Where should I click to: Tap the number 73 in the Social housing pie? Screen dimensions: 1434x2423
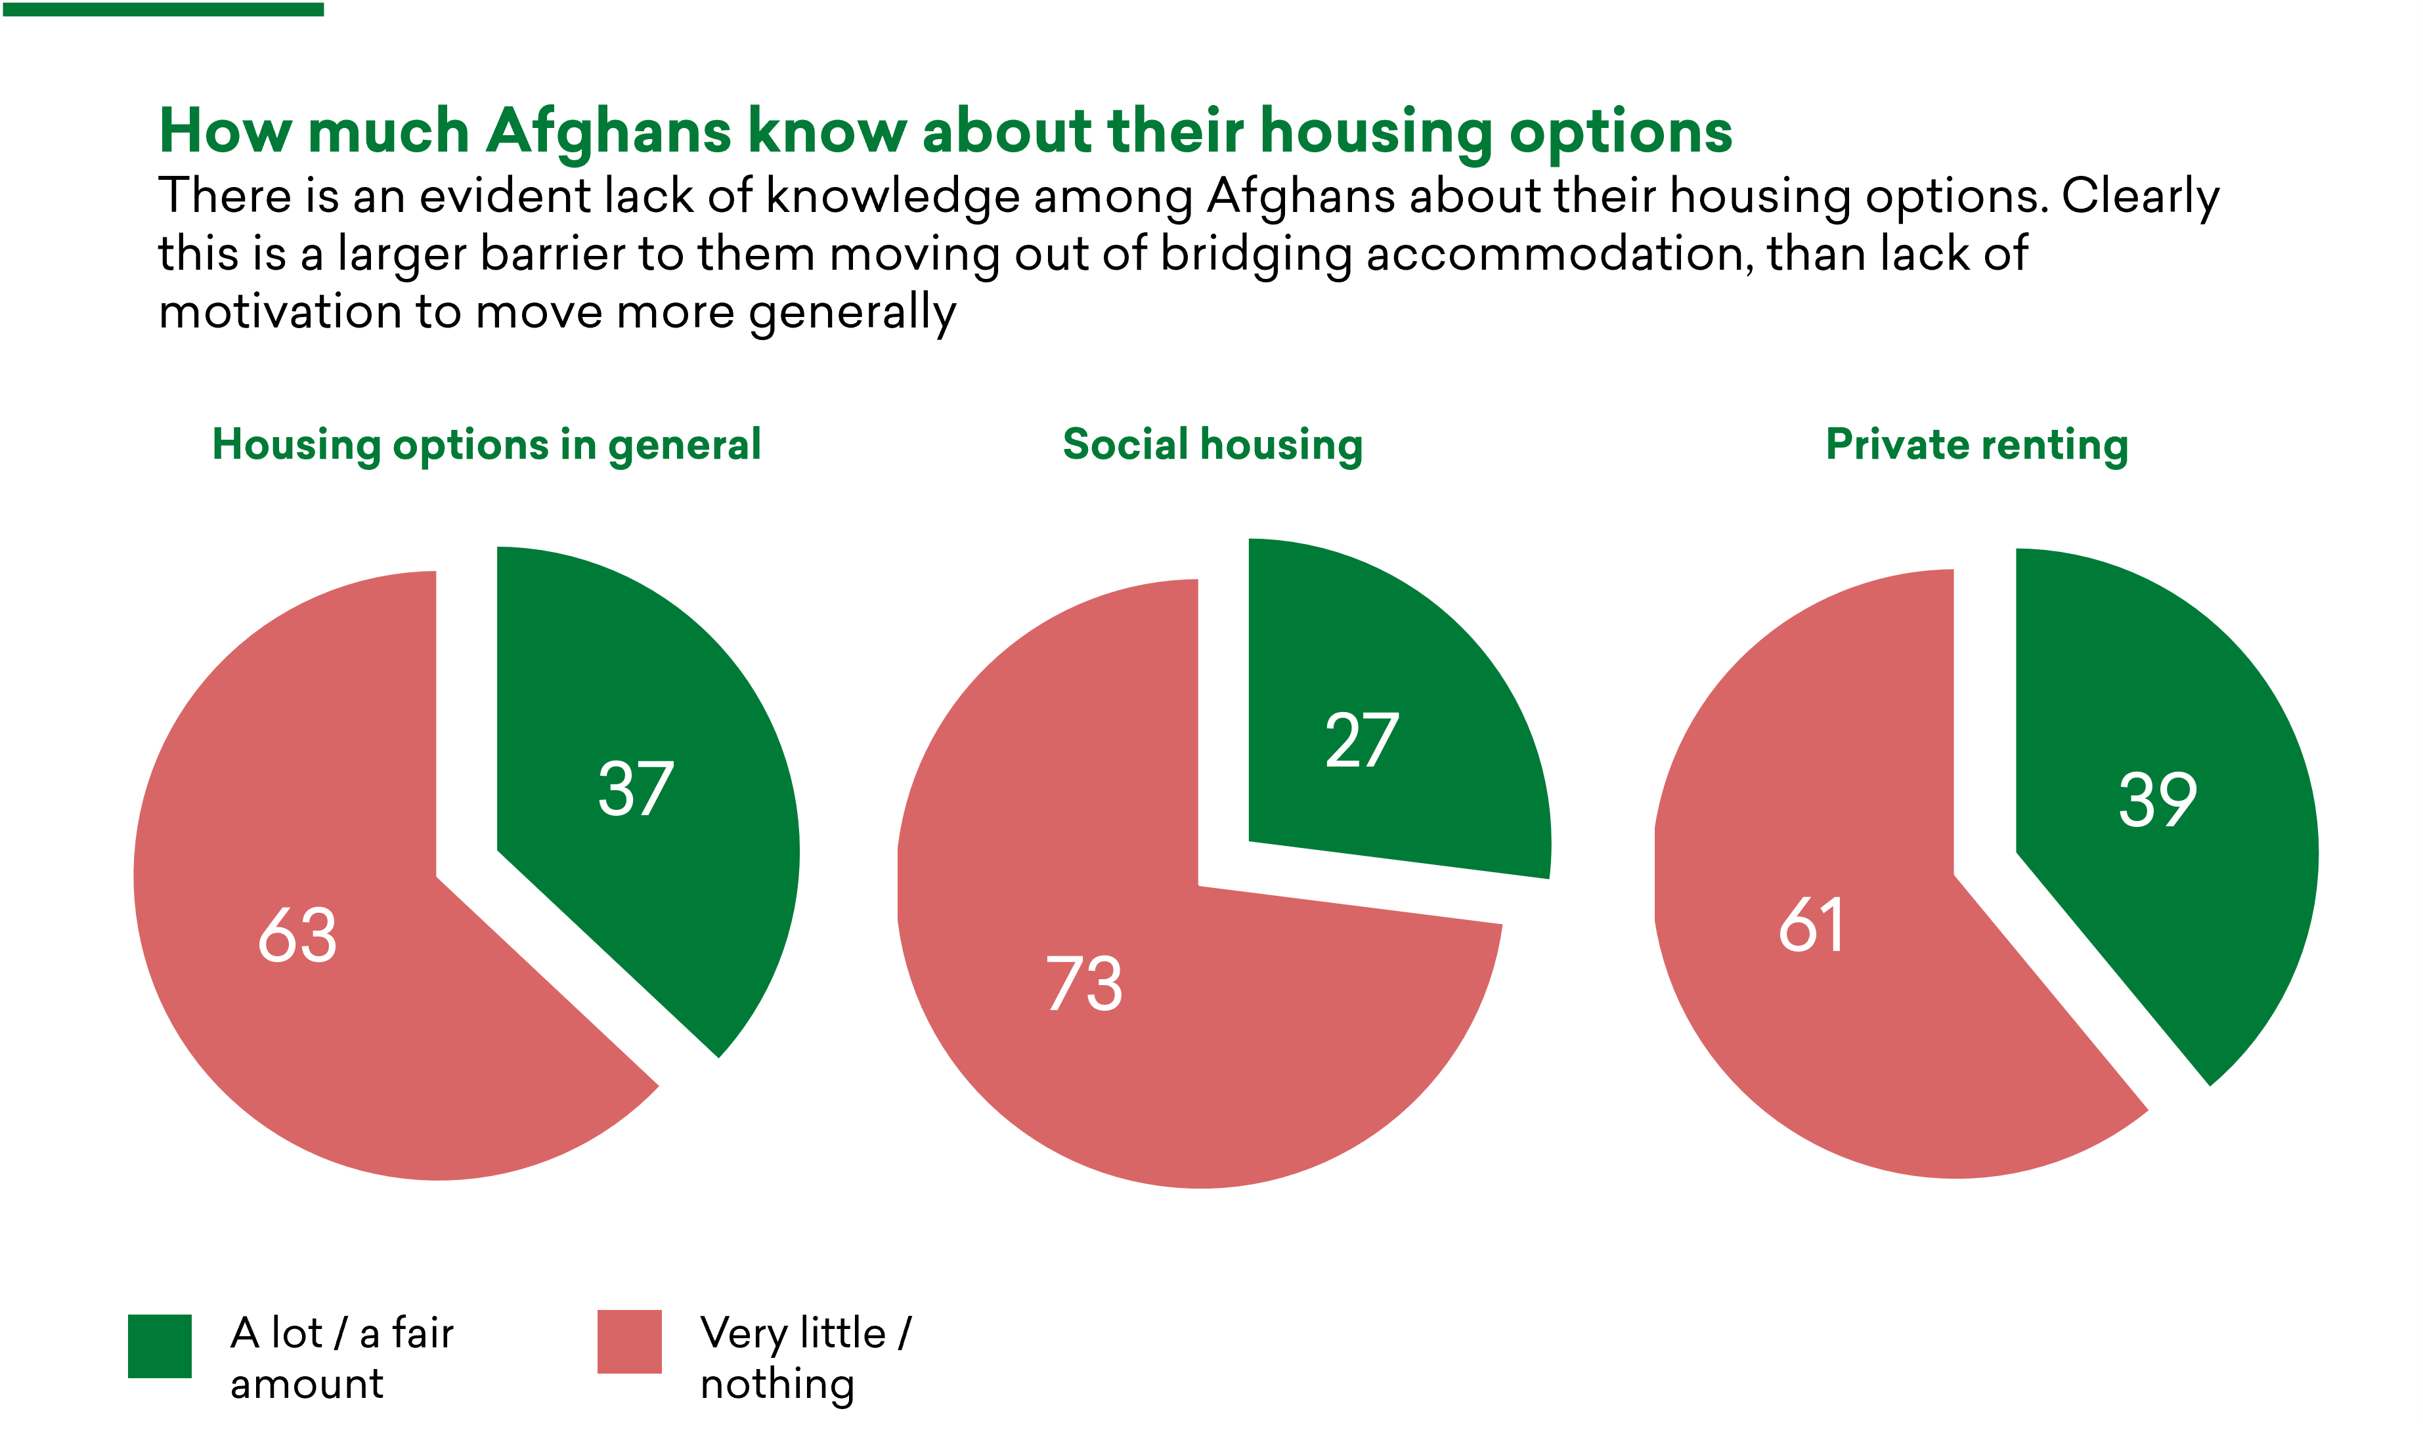(x=1083, y=984)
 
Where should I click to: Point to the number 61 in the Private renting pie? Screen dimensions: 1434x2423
(x=1811, y=925)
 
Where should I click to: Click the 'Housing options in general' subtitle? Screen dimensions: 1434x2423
(x=486, y=446)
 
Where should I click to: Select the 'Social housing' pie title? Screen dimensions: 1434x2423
(x=1212, y=446)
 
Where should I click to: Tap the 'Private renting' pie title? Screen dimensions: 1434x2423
(x=1976, y=446)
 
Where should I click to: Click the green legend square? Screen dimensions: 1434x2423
(x=160, y=1345)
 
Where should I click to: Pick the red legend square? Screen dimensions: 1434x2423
(x=629, y=1341)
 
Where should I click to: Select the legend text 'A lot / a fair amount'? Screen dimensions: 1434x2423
(x=341, y=1358)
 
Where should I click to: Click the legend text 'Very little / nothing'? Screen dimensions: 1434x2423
(x=805, y=1358)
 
